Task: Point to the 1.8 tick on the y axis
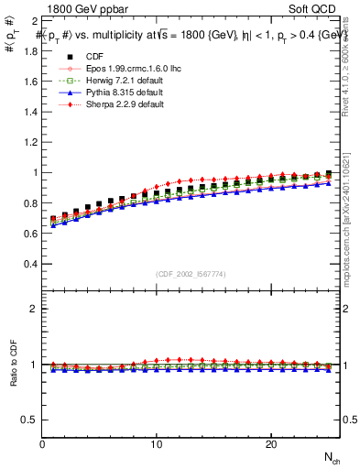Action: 30,50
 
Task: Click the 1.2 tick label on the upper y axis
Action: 30,142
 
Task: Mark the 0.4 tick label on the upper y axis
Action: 30,264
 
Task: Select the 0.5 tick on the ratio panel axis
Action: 30,420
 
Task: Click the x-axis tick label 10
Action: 157,444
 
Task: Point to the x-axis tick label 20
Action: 271,444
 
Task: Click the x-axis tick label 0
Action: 43,444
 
